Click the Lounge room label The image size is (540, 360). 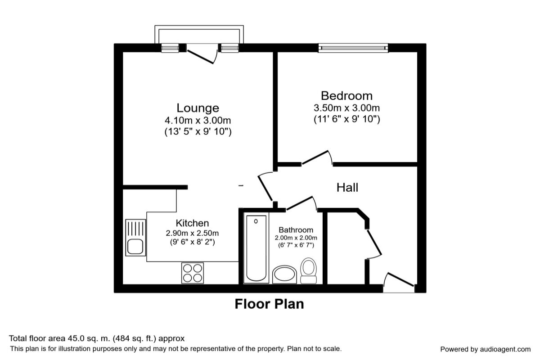198,108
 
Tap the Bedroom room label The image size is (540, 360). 346,96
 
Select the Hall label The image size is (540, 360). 347,187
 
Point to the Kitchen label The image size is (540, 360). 192,223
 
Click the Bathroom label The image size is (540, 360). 296,230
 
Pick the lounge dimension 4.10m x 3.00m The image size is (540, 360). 198,121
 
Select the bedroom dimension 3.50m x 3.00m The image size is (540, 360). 346,108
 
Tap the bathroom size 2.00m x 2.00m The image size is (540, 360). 296,238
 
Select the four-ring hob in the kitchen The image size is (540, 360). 192,273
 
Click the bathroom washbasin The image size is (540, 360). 284,274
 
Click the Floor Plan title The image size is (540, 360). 269,304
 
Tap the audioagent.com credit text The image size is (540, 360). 485,349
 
